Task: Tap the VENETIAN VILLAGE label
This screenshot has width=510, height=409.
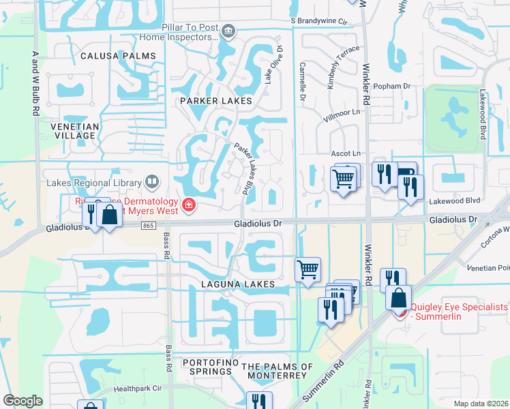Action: (x=75, y=131)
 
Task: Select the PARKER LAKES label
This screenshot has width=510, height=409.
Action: (x=216, y=101)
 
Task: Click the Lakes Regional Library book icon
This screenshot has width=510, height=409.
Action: (x=152, y=182)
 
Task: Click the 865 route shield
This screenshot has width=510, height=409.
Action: (x=149, y=226)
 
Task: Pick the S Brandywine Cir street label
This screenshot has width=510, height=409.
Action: (x=319, y=21)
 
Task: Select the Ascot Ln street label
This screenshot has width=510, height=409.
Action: (x=345, y=154)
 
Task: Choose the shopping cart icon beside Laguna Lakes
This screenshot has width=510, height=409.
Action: (x=307, y=269)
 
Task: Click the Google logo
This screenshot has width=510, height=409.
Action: (x=22, y=401)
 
